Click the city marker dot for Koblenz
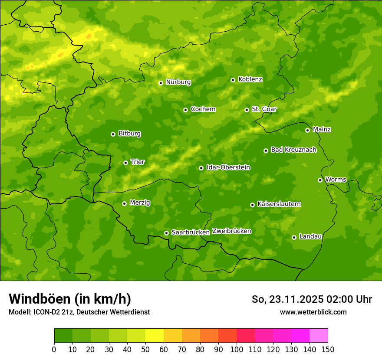(233, 80)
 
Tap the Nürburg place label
(178, 82)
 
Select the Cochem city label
(203, 109)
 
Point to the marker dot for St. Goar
(247, 110)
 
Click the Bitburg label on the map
(129, 134)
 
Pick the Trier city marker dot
(126, 163)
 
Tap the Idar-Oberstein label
(228, 167)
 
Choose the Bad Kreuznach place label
(293, 150)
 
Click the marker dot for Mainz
(308, 130)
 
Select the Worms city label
(336, 180)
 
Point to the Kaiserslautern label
(279, 204)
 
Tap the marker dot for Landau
(294, 237)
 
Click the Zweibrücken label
(231, 231)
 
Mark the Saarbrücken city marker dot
(166, 233)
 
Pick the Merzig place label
(140, 203)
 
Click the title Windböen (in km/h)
(70, 299)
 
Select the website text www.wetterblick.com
(313, 312)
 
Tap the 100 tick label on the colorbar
(236, 349)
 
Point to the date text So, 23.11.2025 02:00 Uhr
(312, 299)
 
